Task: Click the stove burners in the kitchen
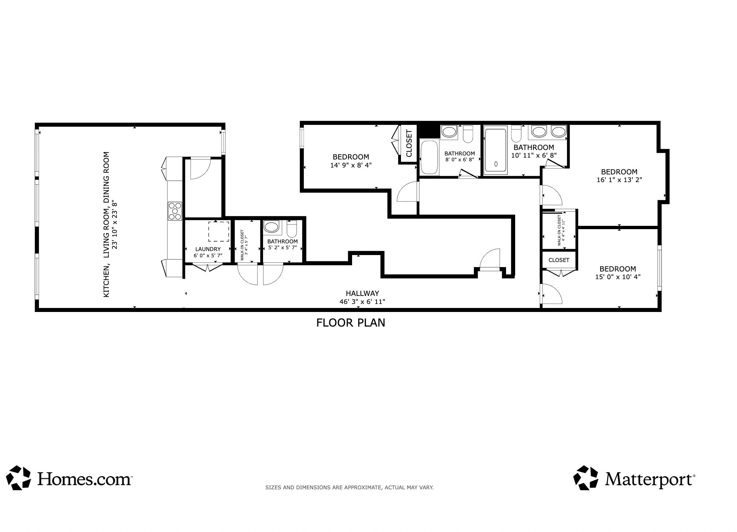(x=175, y=211)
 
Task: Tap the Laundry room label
(x=208, y=249)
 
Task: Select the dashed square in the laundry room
(x=219, y=231)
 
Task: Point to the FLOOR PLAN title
(x=350, y=323)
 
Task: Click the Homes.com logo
(x=69, y=478)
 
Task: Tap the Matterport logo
(x=634, y=478)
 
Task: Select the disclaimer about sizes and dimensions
(x=349, y=487)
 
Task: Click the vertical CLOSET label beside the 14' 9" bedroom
(x=409, y=143)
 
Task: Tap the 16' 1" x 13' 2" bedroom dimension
(x=619, y=180)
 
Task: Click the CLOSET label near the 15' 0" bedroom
(x=559, y=260)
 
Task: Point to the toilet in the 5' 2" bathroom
(x=292, y=228)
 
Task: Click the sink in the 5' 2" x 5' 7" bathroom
(x=271, y=227)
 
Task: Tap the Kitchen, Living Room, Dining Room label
(x=107, y=224)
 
